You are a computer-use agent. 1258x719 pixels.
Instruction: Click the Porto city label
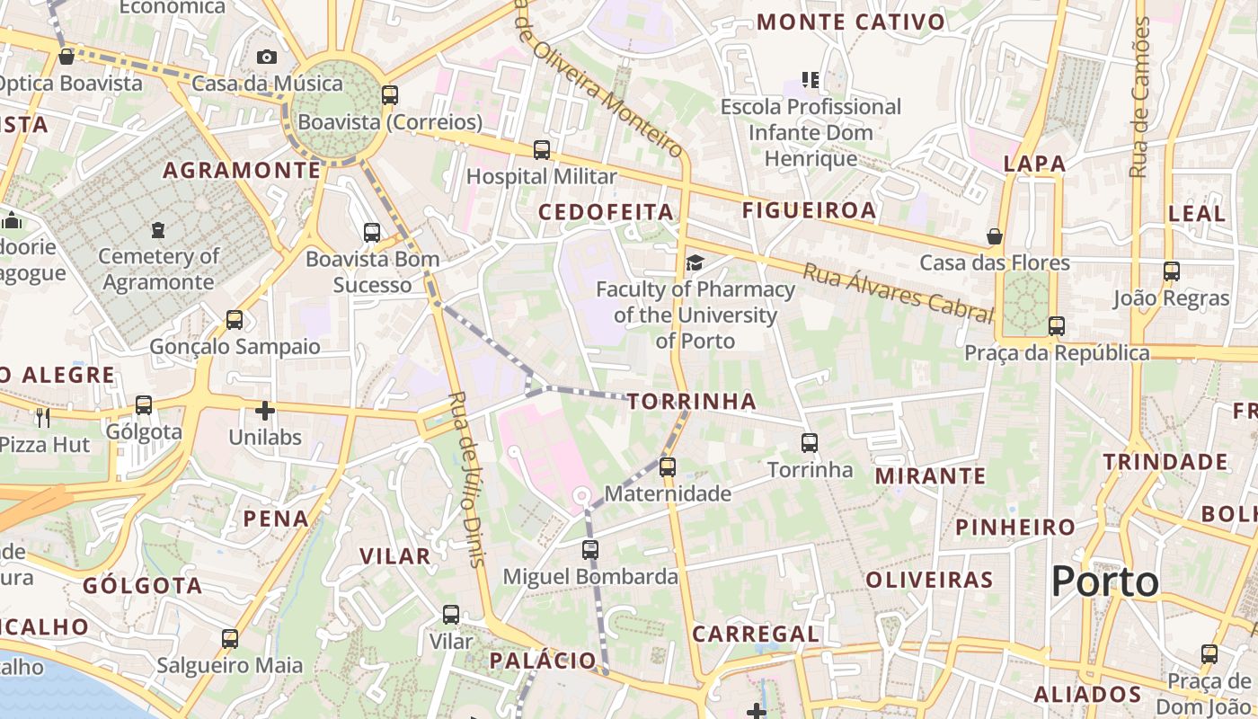click(x=1105, y=581)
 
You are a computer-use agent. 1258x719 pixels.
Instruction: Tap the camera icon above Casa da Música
click(x=266, y=57)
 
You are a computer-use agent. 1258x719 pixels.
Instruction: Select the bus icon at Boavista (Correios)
click(x=389, y=94)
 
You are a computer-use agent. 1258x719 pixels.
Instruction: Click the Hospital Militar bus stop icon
click(x=541, y=149)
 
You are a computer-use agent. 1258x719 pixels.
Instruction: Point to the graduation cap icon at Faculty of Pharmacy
click(x=695, y=262)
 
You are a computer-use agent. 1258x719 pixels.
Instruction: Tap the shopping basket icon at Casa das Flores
click(x=995, y=236)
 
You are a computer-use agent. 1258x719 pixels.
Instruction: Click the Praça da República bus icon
click(x=1057, y=325)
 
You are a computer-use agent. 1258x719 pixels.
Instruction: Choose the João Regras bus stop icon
click(x=1171, y=271)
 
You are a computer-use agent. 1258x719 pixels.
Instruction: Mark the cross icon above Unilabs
click(x=264, y=411)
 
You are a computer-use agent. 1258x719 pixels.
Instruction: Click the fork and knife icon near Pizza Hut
click(x=42, y=417)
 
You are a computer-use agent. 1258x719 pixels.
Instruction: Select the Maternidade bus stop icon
click(x=667, y=466)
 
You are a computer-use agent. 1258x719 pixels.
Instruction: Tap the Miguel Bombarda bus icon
click(x=589, y=548)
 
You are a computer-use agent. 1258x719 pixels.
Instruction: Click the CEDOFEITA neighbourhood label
click(x=606, y=212)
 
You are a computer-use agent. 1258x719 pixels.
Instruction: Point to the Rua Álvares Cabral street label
click(x=898, y=292)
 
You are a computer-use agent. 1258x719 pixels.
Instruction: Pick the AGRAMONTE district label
click(x=242, y=170)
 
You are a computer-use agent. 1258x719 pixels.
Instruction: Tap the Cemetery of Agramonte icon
click(x=158, y=230)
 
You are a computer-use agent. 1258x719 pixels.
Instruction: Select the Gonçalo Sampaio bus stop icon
click(x=235, y=319)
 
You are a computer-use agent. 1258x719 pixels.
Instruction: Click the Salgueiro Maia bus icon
click(x=230, y=638)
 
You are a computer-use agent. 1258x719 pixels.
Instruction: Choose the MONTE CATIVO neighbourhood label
click(x=851, y=22)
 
